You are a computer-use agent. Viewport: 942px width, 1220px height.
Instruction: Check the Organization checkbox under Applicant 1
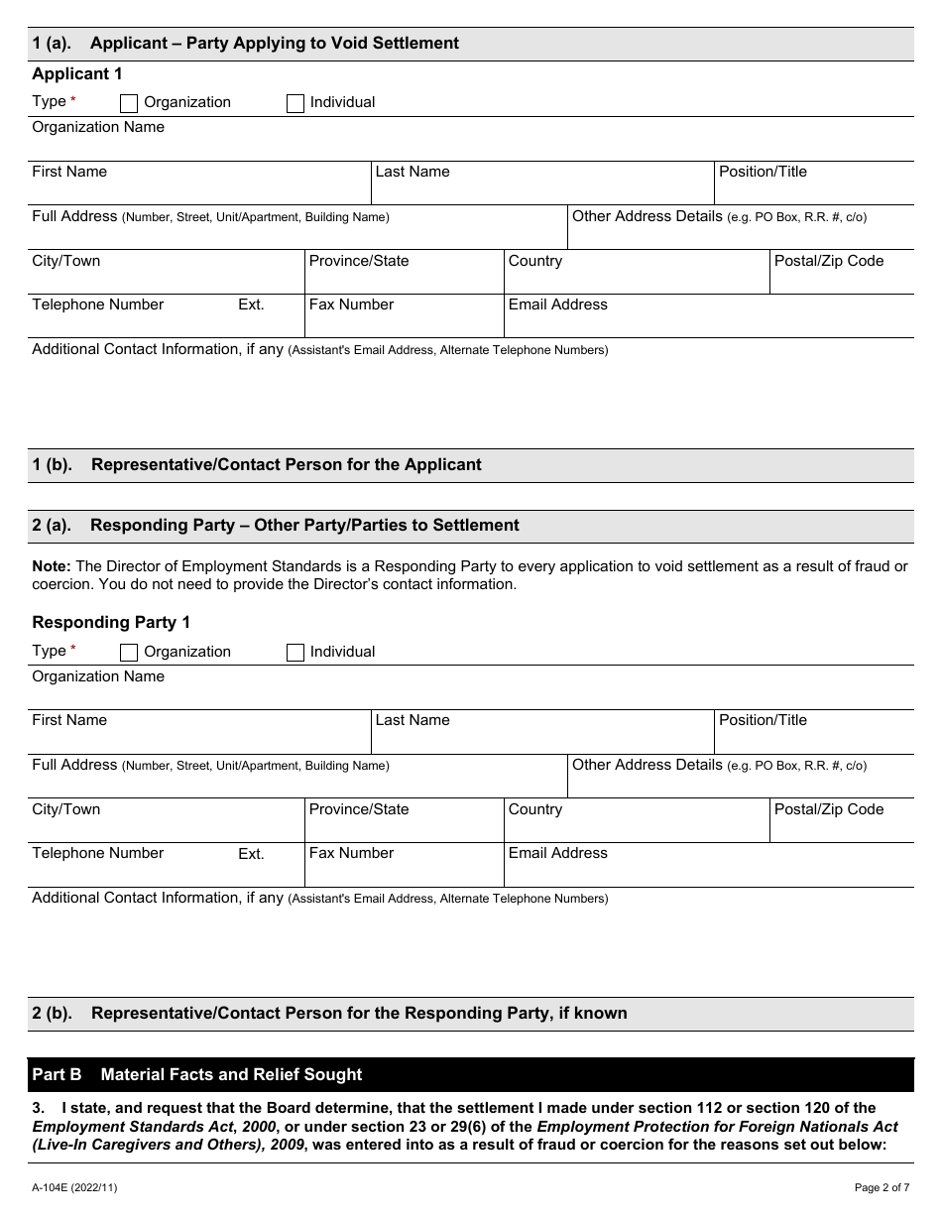(x=129, y=103)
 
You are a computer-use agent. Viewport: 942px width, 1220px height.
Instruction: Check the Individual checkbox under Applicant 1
(x=295, y=103)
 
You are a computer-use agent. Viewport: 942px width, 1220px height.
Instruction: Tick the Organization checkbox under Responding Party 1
(x=129, y=653)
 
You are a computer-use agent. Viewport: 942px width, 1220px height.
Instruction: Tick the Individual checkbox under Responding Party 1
(x=295, y=653)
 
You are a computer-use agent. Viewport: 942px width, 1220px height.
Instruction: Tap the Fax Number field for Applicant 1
(x=404, y=323)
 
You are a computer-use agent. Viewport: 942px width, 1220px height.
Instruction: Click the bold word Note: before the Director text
(x=52, y=566)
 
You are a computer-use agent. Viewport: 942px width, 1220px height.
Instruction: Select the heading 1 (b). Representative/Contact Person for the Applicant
(x=257, y=464)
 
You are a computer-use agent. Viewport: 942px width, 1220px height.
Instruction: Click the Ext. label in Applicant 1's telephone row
(x=251, y=305)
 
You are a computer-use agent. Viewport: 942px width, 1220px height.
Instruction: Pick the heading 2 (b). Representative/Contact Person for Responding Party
(x=329, y=1013)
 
